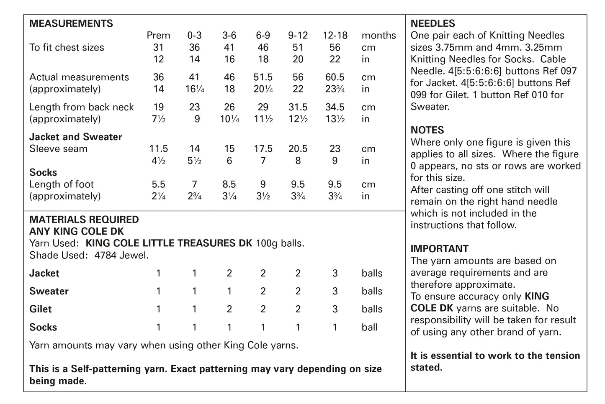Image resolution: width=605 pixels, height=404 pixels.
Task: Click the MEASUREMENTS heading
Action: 71,23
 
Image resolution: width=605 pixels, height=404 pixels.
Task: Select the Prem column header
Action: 158,36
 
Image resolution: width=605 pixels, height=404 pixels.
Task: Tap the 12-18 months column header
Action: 335,36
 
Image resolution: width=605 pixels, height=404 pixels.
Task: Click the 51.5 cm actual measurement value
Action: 263,77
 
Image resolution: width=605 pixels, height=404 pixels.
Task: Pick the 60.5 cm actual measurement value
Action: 335,77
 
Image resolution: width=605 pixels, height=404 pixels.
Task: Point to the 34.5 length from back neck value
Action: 335,107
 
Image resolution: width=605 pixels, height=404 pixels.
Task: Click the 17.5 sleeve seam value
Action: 263,149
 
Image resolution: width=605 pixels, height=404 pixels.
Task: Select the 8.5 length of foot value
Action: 229,184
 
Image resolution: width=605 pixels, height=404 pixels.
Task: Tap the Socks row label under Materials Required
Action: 43,327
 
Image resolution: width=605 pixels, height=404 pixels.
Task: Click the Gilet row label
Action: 41,309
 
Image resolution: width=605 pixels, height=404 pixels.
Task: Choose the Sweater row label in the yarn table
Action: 49,291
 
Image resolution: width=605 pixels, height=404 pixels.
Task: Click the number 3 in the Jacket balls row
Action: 335,274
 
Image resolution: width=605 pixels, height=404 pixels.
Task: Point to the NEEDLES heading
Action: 433,23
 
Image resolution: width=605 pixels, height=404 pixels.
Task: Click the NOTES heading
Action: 427,130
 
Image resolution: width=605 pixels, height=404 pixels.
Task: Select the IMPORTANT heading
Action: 439,249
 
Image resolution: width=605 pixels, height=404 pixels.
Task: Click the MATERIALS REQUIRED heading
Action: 84,220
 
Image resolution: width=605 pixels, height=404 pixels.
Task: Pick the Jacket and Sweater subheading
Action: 75,137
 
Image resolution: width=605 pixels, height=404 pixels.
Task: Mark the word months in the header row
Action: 378,36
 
